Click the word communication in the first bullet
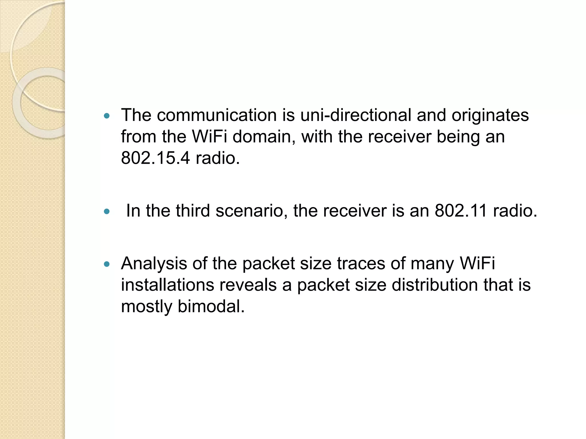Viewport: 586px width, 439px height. point(217,115)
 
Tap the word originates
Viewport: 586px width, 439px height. point(490,116)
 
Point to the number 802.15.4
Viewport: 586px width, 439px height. point(155,158)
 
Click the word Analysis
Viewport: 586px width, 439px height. point(154,264)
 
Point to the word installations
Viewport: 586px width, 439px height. point(167,285)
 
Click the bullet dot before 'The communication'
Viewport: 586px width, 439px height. point(107,116)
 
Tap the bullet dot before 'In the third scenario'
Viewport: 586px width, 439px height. point(107,211)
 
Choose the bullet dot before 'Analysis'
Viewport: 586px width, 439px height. point(107,264)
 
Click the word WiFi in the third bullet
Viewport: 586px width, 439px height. point(477,264)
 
